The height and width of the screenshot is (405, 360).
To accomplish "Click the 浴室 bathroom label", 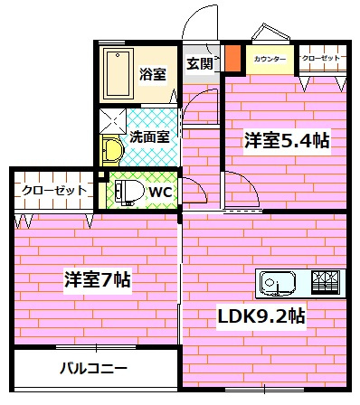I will (x=151, y=75).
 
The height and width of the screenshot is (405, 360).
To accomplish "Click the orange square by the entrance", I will (x=232, y=60).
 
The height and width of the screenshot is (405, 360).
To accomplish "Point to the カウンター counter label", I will (x=270, y=60).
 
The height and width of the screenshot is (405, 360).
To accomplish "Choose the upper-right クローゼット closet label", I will (x=321, y=59).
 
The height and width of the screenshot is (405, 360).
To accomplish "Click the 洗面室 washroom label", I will (x=149, y=138).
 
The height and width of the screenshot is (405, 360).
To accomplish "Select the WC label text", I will (x=160, y=192).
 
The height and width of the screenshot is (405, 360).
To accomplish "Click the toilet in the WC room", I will (x=126, y=192).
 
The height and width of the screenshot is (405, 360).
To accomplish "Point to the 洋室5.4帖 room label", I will (x=285, y=140).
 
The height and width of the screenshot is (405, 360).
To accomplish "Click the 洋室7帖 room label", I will (x=97, y=279).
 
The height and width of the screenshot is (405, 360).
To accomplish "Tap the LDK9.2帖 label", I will (x=260, y=316).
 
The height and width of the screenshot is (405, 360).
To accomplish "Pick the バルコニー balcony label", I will (x=94, y=368).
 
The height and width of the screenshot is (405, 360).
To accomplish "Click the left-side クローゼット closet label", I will (x=54, y=191).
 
